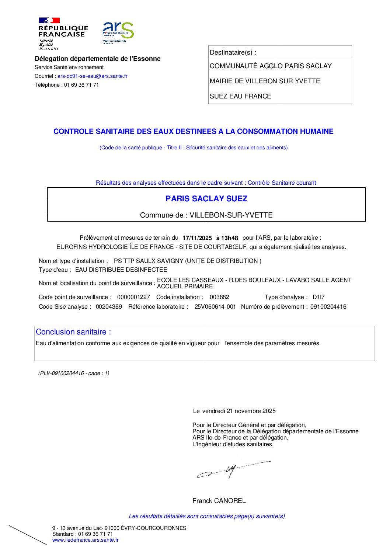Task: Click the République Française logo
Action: tap(63, 33)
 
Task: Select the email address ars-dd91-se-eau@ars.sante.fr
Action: tap(92, 76)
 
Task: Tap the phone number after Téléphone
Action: tap(81, 85)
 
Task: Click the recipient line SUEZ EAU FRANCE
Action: tap(240, 96)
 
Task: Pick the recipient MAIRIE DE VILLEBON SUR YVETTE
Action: tap(265, 81)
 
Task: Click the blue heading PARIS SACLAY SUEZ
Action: tap(206, 199)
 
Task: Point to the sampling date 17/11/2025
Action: tap(197, 238)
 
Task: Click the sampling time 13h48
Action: tap(230, 238)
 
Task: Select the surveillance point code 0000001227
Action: tap(133, 297)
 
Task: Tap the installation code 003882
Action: tap(219, 297)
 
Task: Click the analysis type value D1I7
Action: tap(318, 297)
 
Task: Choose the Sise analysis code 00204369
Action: tap(109, 307)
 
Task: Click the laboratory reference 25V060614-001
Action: tap(215, 307)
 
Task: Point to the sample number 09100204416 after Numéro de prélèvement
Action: tap(328, 307)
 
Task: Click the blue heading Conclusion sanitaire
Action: tap(73, 332)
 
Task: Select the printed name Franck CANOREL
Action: tap(219, 501)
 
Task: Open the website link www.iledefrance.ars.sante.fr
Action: tap(86, 540)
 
